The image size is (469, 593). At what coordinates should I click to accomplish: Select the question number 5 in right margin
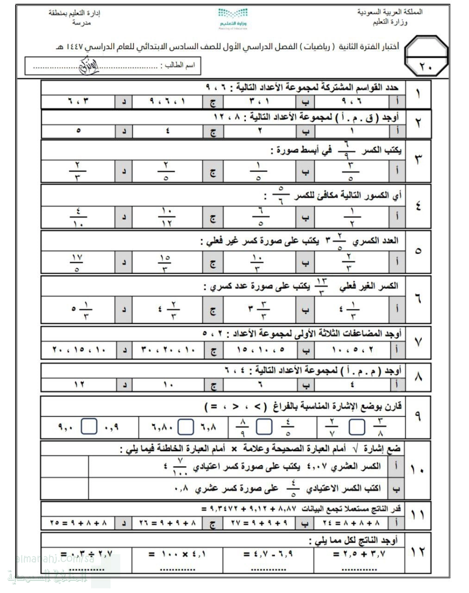[x=418, y=251]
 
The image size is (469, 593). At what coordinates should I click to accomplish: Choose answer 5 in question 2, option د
[x=78, y=131]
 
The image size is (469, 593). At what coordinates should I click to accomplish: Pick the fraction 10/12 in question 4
[x=166, y=216]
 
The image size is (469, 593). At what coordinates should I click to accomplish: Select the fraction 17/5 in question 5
[x=78, y=262]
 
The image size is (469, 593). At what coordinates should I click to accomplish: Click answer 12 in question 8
[x=79, y=384]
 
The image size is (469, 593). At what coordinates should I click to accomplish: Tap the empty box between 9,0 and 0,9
[x=89, y=427]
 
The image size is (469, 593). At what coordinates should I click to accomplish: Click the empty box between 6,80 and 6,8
[x=186, y=427]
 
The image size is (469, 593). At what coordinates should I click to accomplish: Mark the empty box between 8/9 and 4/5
[x=264, y=427]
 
